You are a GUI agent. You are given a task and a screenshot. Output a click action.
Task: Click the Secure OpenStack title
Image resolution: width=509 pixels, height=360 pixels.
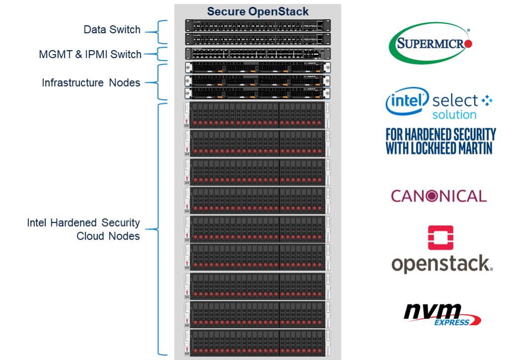tap(257, 11)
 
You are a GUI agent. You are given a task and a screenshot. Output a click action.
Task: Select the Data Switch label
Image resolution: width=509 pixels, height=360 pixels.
tap(112, 30)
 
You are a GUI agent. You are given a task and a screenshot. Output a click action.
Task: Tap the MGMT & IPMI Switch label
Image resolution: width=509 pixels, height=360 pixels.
tap(90, 54)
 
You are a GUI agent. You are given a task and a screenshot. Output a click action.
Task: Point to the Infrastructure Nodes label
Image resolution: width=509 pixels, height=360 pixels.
tap(91, 83)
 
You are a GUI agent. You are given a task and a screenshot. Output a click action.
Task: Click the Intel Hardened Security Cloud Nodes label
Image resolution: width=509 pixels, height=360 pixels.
tap(84, 229)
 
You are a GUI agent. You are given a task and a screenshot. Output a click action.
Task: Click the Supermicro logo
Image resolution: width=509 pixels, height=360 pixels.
tap(430, 44)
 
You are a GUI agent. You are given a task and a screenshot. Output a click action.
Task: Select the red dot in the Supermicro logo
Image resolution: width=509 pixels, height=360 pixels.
tap(467, 44)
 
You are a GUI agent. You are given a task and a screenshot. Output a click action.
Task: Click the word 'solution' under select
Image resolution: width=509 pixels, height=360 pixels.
tap(454, 115)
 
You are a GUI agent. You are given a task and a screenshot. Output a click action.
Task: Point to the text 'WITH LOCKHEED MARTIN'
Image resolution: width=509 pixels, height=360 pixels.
tap(439, 149)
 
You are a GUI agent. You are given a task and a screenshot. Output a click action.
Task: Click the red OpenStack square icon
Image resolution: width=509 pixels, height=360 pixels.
tap(441, 238)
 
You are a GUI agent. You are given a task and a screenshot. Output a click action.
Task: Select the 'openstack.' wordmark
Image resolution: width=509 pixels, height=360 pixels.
tap(442, 264)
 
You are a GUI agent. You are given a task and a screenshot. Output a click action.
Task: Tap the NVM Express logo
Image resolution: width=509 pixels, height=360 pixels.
tap(442, 314)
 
